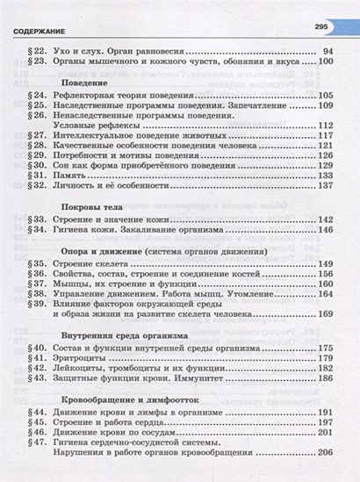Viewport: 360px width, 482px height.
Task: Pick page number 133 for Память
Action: pos(326,175)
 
